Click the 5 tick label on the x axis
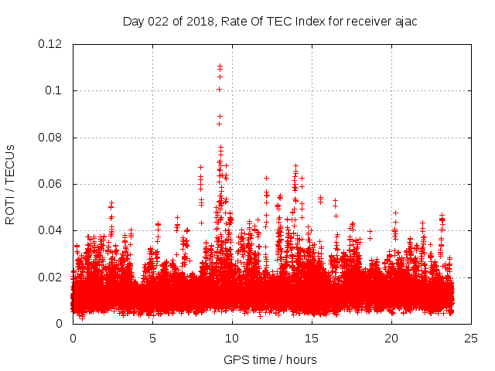click(152, 339)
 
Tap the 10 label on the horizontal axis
click(232, 339)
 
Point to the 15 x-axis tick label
click(312, 339)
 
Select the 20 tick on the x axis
click(391, 339)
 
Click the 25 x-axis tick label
click(471, 339)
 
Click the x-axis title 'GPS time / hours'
click(270, 359)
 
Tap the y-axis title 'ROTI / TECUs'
click(10, 184)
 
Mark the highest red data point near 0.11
click(220, 66)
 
